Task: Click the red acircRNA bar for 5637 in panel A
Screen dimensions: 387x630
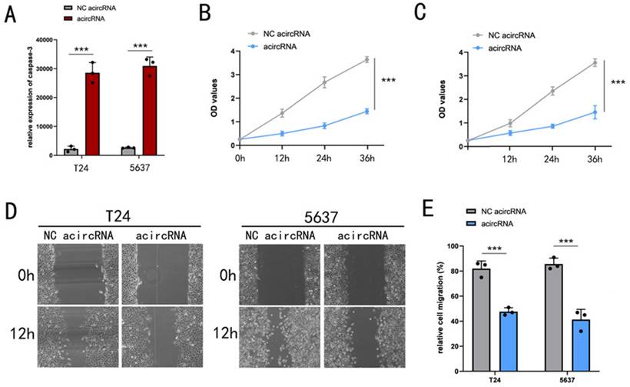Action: tap(151, 111)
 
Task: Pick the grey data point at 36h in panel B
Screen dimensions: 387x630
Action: tap(366, 59)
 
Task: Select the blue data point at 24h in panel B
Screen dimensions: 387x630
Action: tap(324, 125)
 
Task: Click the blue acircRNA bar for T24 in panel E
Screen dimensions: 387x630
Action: tap(506, 342)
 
